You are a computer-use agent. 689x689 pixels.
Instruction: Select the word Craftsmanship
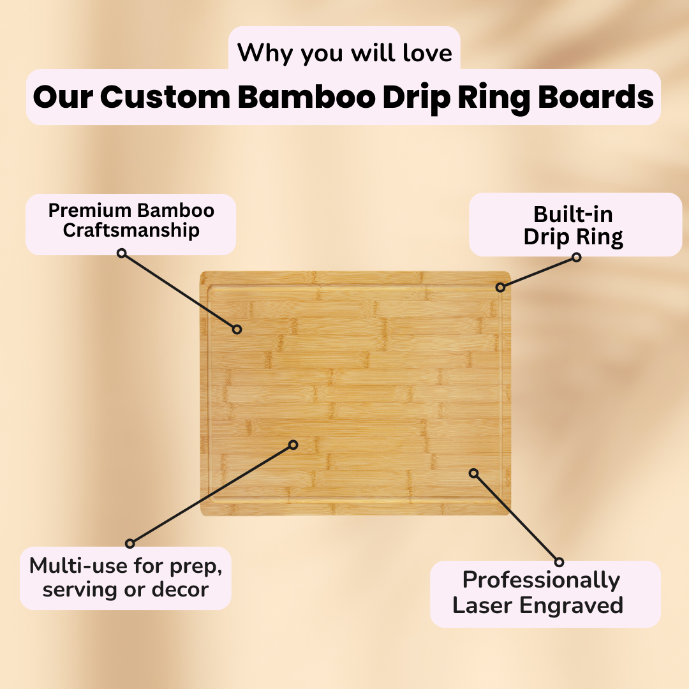tap(131, 230)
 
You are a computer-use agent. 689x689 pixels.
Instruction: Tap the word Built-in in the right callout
tap(573, 214)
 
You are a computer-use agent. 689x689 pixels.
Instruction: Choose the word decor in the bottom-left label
tap(180, 589)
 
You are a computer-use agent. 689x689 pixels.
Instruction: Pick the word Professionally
tap(541, 580)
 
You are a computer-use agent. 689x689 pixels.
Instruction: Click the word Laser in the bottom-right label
tap(482, 605)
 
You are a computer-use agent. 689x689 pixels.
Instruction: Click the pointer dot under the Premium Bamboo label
tap(121, 253)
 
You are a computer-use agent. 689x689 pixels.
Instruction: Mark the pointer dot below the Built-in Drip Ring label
tap(577, 257)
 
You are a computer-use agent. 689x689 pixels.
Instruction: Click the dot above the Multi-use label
tap(130, 544)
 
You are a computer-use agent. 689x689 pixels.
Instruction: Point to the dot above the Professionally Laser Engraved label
tap(559, 562)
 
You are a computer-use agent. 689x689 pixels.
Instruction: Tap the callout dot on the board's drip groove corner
tap(500, 288)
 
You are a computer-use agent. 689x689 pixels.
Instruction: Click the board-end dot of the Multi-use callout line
tap(293, 445)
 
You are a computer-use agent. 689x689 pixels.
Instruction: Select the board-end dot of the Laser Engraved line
tap(473, 473)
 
